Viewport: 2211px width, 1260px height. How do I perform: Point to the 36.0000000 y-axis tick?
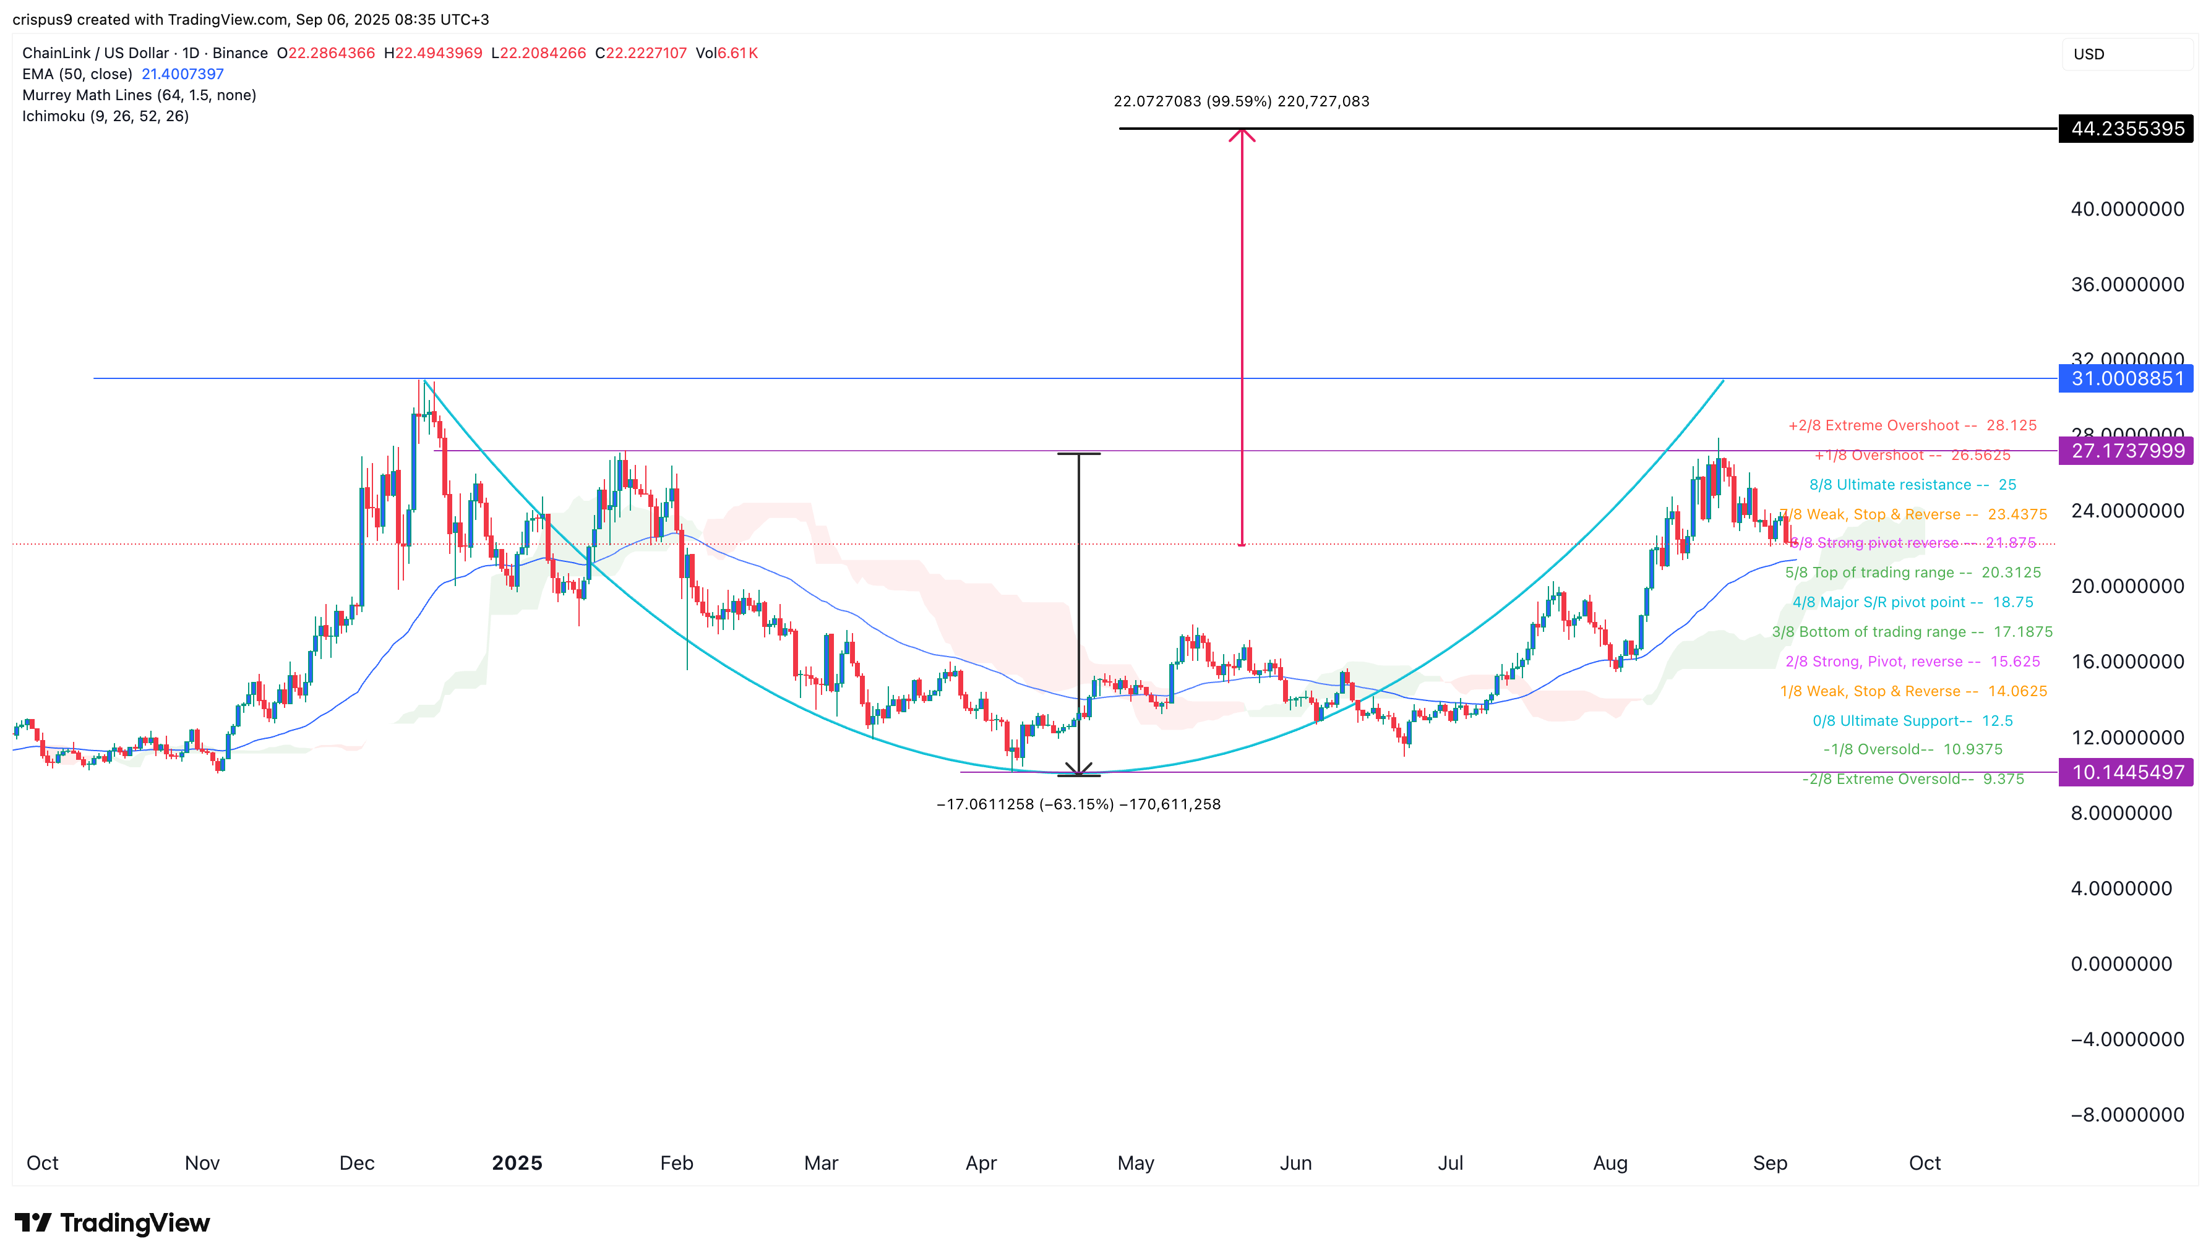point(2126,285)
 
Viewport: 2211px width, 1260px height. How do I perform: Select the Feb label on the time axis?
point(676,1163)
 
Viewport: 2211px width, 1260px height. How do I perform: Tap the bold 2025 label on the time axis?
point(517,1163)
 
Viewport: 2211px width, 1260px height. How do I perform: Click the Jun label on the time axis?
point(1295,1163)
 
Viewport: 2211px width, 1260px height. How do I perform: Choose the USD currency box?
point(2126,54)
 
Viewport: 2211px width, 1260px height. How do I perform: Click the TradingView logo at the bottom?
point(113,1223)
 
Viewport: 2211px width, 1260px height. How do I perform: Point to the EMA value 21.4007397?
point(182,74)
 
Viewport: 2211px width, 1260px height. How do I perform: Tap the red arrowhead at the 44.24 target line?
point(1242,134)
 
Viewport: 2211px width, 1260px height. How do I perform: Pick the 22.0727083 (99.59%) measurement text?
point(1240,101)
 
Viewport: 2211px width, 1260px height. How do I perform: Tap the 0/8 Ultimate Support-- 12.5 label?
point(1912,721)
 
